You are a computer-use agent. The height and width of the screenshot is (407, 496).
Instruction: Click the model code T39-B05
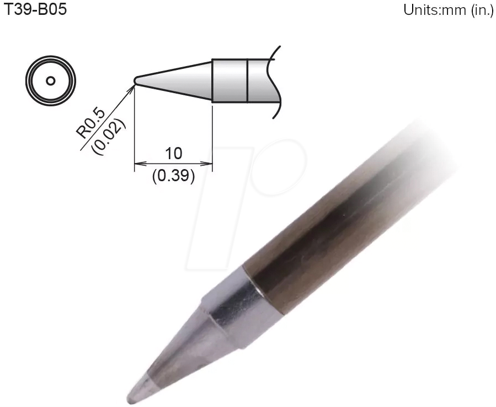pos(35,10)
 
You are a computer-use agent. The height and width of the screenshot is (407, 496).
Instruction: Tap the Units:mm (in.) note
pos(448,11)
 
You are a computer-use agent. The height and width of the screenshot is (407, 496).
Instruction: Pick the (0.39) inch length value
pos(173,177)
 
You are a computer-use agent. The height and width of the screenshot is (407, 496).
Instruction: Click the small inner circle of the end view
pos(50,81)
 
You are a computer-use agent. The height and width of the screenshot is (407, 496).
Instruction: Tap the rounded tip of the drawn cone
pos(136,81)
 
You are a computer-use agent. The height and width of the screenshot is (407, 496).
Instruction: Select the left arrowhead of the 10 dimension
pos(138,164)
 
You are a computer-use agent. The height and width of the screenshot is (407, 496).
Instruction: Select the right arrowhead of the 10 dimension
pos(209,164)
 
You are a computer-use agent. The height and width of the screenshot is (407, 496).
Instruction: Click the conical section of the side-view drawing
pos(177,80)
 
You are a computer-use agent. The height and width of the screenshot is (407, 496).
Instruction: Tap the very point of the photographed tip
pos(129,398)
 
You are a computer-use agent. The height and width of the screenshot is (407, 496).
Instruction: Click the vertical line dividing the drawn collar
pos(247,80)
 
